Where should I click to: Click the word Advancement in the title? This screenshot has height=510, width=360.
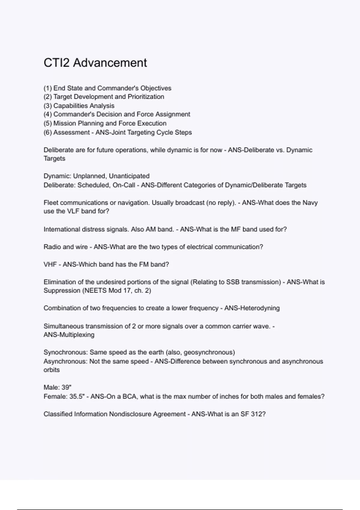110,63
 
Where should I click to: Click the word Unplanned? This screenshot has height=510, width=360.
90,176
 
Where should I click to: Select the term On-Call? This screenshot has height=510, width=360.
124,185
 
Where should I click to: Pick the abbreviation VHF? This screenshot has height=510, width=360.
50,265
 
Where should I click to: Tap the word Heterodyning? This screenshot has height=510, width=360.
259,308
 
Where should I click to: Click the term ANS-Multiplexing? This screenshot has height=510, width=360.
69,335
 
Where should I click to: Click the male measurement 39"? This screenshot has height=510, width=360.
66,387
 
